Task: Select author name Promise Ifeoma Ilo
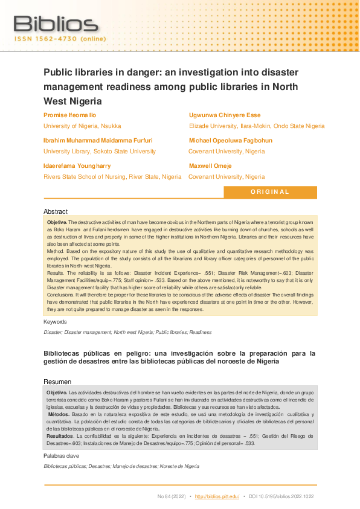pos(70,115)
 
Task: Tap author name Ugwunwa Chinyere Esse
pos(225,115)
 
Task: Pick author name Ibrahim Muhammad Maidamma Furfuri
pos(98,140)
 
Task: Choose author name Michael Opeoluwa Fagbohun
pos(230,140)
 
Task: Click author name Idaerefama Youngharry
pos(77,165)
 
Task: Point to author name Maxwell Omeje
pos(210,165)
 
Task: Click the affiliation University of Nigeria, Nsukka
pos(82,126)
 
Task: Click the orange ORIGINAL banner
pos(270,192)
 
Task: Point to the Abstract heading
pos(56,211)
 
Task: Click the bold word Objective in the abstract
pos(57,223)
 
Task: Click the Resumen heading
pos(57,382)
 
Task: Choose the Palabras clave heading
pos(62,456)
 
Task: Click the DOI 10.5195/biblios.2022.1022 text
pos(282,496)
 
